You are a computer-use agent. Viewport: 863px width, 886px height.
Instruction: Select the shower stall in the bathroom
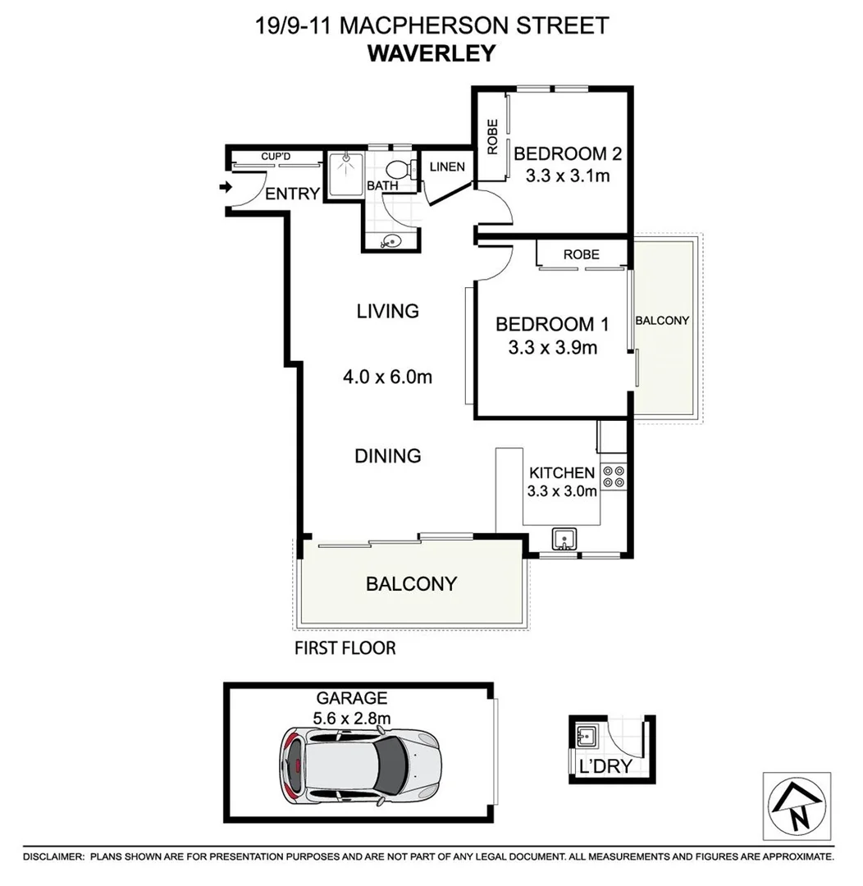point(345,174)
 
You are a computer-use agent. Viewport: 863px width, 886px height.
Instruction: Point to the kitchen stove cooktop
point(613,477)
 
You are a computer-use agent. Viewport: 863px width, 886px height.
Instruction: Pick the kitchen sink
point(564,539)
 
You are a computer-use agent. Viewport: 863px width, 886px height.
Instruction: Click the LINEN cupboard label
point(447,167)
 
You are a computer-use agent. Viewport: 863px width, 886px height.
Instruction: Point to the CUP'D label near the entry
point(276,156)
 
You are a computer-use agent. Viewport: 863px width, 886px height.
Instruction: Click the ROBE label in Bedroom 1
point(581,254)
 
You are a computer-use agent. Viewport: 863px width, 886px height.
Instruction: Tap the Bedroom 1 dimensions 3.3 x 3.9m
point(552,348)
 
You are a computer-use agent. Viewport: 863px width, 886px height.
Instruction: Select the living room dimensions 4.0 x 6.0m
point(388,378)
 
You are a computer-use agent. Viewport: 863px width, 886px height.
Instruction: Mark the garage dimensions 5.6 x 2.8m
point(351,717)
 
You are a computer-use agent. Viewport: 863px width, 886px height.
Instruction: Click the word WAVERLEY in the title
point(432,53)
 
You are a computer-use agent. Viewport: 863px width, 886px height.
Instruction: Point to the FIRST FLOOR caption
point(345,649)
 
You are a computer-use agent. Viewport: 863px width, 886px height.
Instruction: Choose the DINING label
point(388,455)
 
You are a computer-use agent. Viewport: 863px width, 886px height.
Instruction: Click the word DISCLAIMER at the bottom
point(53,856)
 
